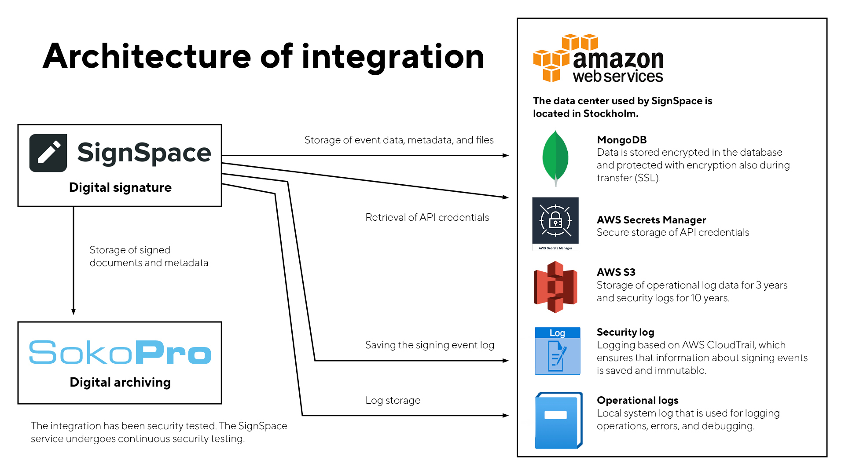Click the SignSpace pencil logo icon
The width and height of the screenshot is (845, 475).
[x=48, y=153]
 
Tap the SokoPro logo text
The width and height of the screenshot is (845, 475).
[x=120, y=352]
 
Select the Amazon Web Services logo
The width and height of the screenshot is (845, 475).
[x=598, y=58]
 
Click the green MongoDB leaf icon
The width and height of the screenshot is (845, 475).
[x=555, y=158]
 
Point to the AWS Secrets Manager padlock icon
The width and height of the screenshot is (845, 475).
[x=555, y=221]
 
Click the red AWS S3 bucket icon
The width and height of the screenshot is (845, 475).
[x=555, y=287]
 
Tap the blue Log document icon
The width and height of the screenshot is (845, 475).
[x=557, y=351]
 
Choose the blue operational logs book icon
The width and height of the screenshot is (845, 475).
[x=558, y=420]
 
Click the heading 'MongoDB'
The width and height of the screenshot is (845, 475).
[x=621, y=140]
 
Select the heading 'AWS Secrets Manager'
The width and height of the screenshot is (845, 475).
[x=651, y=220]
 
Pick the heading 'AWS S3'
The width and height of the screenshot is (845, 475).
[x=616, y=272]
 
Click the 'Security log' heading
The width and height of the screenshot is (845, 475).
[x=625, y=332]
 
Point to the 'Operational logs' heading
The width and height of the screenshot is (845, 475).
[x=637, y=400]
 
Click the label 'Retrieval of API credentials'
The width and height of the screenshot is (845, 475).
[x=427, y=217]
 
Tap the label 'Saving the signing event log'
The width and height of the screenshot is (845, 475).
[x=430, y=345]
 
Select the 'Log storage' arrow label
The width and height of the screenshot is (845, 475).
[x=393, y=400]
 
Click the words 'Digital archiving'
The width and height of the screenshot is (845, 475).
[x=120, y=382]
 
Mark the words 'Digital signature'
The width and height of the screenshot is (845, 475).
[x=120, y=187]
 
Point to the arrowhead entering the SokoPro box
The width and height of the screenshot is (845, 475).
[x=73, y=311]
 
